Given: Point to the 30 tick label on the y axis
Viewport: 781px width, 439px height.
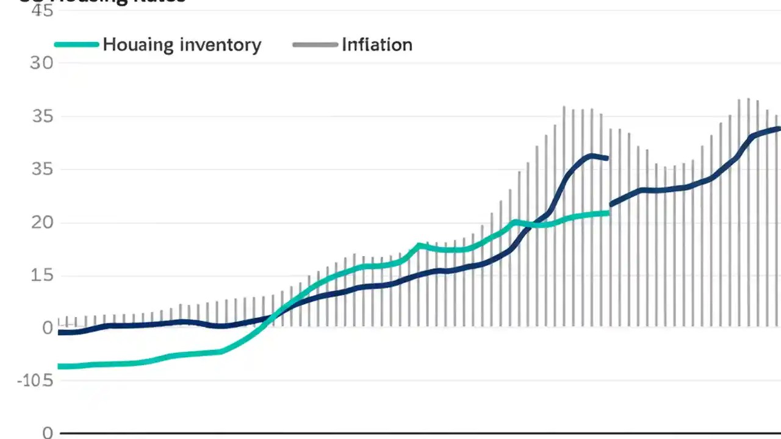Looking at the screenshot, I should pos(41,63).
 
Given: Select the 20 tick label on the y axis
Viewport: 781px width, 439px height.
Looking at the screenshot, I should pos(41,223).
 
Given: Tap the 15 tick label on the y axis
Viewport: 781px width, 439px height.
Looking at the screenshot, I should pos(41,276).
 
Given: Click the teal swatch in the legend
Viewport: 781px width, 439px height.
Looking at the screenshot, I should pos(76,45).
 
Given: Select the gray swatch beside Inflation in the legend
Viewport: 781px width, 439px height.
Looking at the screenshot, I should pos(315,45).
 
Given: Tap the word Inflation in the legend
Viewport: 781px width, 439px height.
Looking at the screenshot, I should pos(377,45).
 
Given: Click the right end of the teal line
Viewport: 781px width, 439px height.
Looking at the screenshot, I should pos(607,213).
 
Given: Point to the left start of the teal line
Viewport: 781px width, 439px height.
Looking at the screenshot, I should pos(60,366).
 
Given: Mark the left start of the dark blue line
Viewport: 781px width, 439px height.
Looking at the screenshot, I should pos(60,332).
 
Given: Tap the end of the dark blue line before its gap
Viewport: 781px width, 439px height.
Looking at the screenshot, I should pos(606,159).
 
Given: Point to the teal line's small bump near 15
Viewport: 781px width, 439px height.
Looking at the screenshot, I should pos(419,245).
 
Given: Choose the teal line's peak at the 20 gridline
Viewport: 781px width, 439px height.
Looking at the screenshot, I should pos(516,222).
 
